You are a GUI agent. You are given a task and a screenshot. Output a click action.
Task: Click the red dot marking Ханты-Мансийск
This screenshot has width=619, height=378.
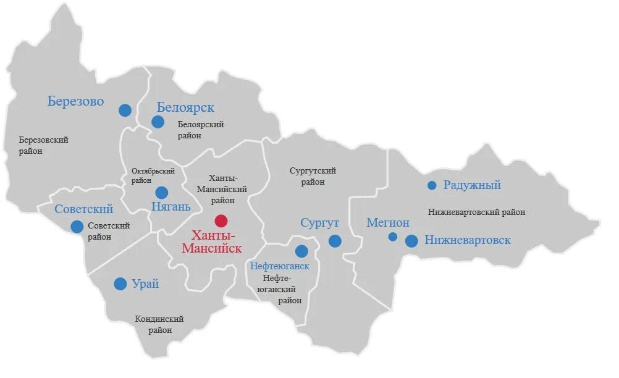pyautogui.click(x=221, y=220)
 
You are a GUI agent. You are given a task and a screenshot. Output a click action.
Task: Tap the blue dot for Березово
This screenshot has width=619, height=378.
pyautogui.click(x=125, y=110)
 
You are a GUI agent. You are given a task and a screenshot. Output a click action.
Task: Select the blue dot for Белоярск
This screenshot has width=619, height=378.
pyautogui.click(x=158, y=122)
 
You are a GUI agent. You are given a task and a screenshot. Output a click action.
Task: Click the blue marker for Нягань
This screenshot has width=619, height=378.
pyautogui.click(x=162, y=193)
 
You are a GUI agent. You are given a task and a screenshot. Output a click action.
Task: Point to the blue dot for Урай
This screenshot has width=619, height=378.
pyautogui.click(x=120, y=284)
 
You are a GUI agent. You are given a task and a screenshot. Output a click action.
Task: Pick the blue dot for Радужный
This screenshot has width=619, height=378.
pyautogui.click(x=432, y=185)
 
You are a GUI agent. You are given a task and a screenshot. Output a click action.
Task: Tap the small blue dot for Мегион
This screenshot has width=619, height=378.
pyautogui.click(x=392, y=237)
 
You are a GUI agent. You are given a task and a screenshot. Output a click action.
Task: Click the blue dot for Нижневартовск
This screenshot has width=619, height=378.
pyautogui.click(x=411, y=241)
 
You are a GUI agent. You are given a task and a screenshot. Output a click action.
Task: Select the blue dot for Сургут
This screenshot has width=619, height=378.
pyautogui.click(x=335, y=241)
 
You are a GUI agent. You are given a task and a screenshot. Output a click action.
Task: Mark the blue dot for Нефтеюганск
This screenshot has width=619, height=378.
pyautogui.click(x=301, y=251)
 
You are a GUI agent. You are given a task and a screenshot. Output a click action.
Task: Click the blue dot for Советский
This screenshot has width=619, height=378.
pyautogui.click(x=77, y=227)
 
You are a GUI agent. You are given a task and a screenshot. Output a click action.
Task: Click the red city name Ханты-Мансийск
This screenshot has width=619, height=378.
pyautogui.click(x=211, y=242)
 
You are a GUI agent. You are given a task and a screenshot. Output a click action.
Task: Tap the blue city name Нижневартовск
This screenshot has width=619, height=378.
pyautogui.click(x=468, y=240)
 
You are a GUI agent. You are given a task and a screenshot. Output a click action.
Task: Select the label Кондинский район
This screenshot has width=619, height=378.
pyautogui.click(x=159, y=325)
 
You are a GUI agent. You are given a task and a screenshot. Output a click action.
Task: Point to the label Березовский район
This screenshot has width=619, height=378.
pyautogui.click(x=43, y=145)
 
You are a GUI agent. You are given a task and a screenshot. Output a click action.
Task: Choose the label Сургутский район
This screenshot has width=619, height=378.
pyautogui.click(x=313, y=177)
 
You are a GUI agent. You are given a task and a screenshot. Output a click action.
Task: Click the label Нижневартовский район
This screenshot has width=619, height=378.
pyautogui.click(x=476, y=212)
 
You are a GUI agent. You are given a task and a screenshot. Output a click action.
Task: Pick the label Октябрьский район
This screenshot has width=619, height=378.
pyautogui.click(x=153, y=176)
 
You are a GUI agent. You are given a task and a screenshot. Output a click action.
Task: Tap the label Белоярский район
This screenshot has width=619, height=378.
pyautogui.click(x=200, y=130)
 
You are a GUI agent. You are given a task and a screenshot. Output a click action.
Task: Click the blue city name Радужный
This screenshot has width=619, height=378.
pyautogui.click(x=472, y=185)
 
